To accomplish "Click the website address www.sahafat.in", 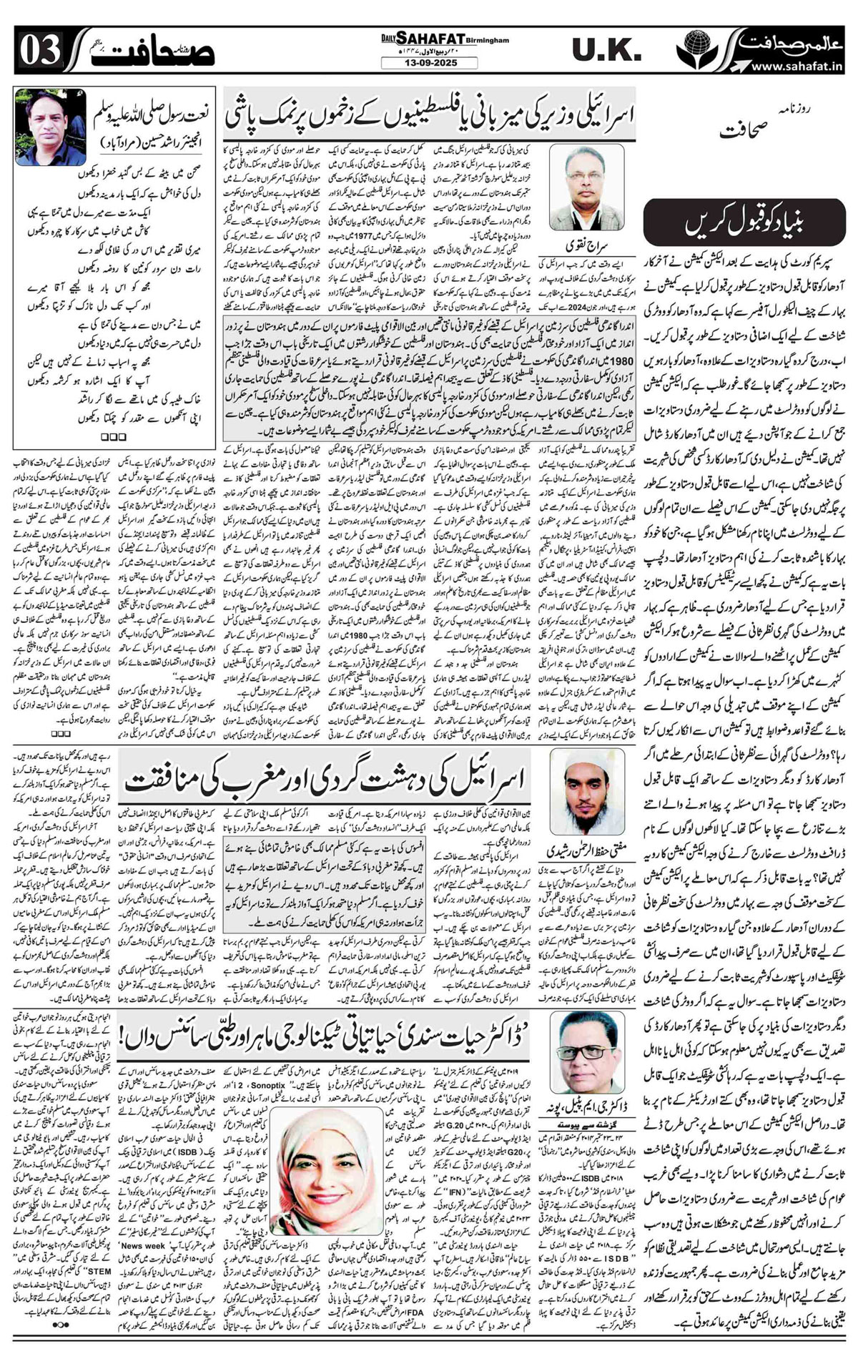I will pos(794,67).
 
